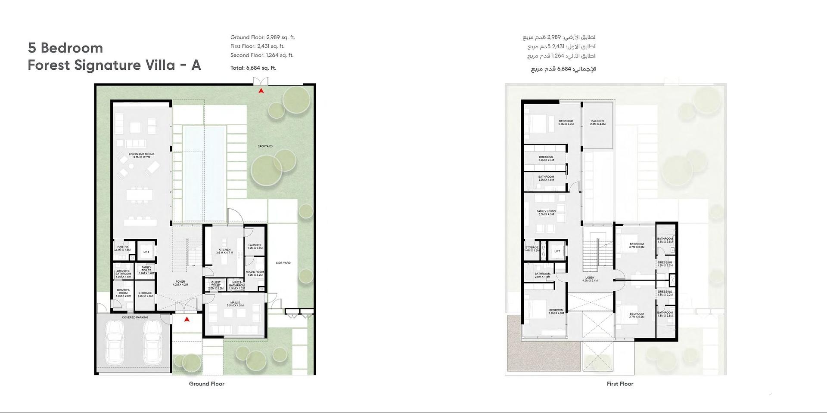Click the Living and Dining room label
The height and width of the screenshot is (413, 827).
click(141, 156)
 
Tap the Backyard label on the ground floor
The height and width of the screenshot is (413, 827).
click(265, 146)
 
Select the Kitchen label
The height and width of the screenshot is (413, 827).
click(224, 251)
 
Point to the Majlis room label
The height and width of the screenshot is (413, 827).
click(235, 304)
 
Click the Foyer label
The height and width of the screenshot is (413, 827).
click(180, 283)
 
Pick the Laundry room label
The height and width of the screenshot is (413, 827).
click(255, 247)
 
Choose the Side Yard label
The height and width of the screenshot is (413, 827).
click(283, 263)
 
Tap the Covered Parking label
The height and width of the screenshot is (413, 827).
click(135, 317)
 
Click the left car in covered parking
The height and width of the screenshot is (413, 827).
click(115, 342)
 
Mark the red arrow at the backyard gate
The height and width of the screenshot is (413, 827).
click(261, 91)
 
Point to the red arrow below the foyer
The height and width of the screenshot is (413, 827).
click(187, 319)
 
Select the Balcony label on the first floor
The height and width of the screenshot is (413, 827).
click(597, 123)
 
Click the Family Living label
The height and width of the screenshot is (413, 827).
click(546, 213)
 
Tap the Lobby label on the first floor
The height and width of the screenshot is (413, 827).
click(590, 279)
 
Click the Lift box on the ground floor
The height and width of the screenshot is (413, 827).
click(146, 252)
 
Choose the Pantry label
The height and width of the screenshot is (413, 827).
click(123, 248)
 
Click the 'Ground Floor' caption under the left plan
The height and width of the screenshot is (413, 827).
click(206, 384)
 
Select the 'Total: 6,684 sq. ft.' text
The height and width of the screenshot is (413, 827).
click(253, 68)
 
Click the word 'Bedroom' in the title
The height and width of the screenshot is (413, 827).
click(72, 48)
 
